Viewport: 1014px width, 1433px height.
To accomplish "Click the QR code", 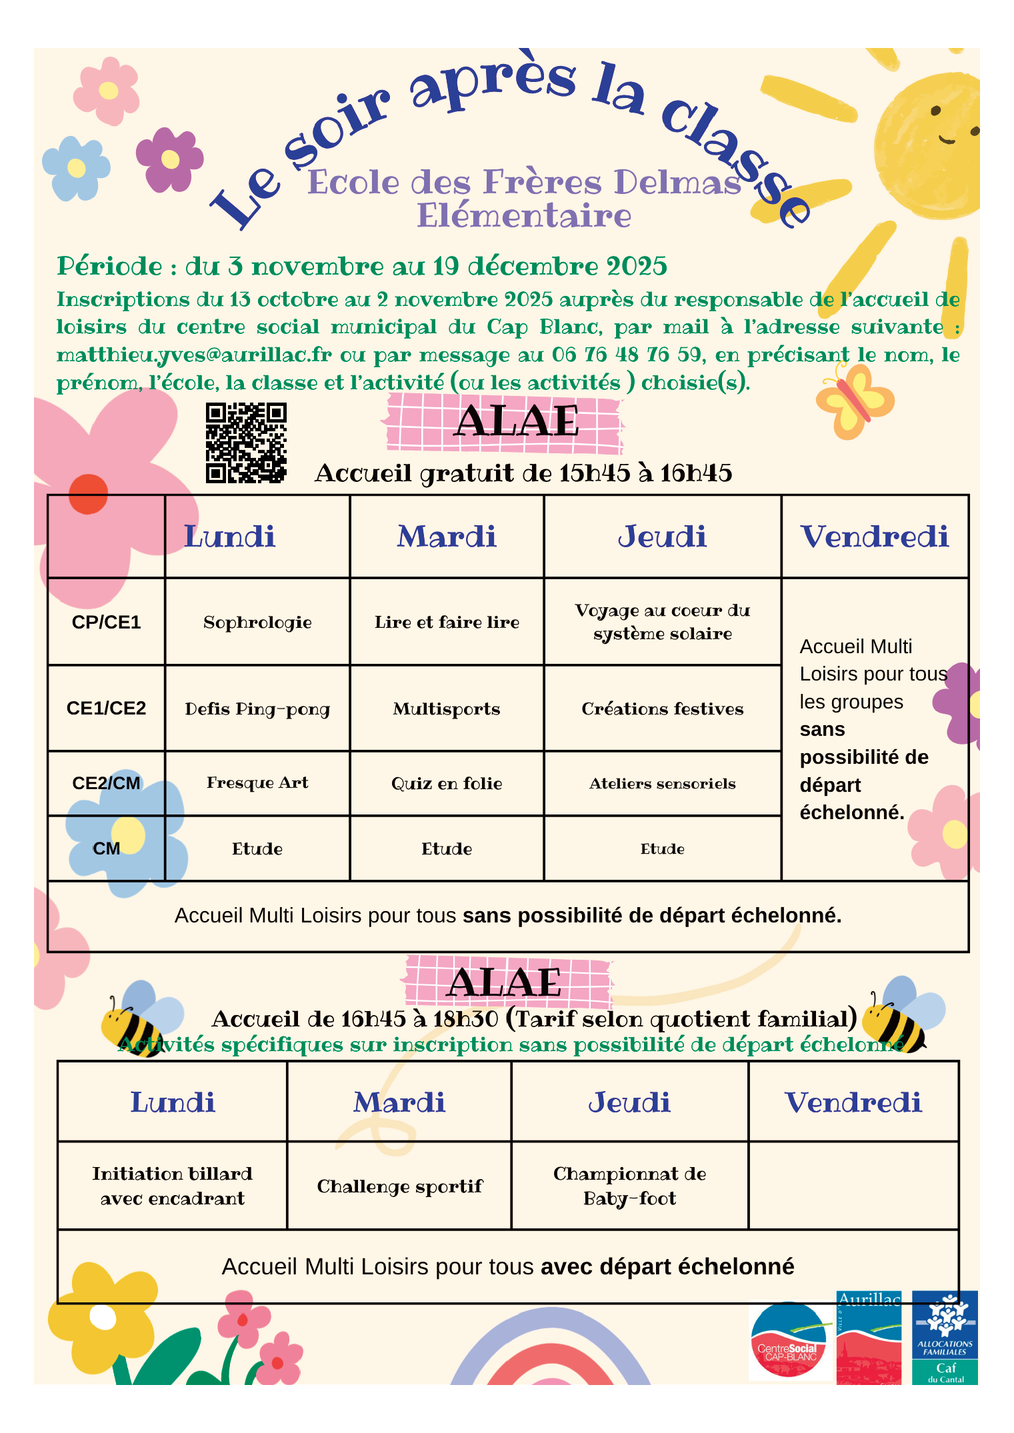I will pos(246,443).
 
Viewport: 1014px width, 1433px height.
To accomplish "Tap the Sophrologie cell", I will pos(257,622).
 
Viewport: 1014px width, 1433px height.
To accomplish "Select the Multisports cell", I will pos(447,709).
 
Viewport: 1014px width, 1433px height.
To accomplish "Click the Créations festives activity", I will pos(662,709).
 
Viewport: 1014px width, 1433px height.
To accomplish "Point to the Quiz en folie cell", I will pos(447,783).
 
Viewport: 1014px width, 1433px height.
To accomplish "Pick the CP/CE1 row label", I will pos(106,622).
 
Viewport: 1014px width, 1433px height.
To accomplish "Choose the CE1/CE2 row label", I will pos(106,708).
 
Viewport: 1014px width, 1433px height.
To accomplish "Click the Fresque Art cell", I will pos(257,782).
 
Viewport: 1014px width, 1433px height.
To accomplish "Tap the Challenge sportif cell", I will pos(399,1186).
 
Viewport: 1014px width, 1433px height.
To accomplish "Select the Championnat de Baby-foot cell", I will pos(629,1186).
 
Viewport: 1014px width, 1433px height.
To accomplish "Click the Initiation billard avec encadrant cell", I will pos(172,1186).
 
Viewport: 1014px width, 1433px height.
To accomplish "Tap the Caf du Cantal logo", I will pos(945,1338).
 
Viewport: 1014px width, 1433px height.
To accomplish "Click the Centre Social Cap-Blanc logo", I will pos(788,1341).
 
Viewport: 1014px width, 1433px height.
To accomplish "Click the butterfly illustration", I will pos(855,401).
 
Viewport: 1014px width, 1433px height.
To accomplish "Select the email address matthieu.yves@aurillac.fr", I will pos(194,355).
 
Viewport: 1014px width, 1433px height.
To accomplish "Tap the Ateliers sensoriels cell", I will pos(662,784).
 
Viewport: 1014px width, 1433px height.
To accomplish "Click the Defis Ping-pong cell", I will pos(257,709).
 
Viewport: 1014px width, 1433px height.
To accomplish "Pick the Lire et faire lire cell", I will pos(447,622).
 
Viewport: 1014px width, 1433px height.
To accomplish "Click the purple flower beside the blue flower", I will pos(169,159).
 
